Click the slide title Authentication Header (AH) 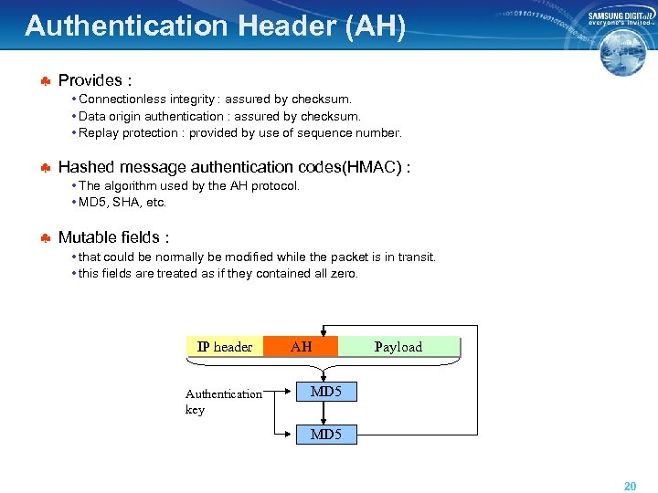(x=215, y=26)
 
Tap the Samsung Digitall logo (x=621, y=20)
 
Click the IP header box (x=225, y=346)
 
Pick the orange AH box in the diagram (x=301, y=346)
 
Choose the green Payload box (x=398, y=346)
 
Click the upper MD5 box (x=326, y=392)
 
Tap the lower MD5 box (x=326, y=435)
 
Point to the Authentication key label (x=222, y=402)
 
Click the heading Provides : (x=95, y=80)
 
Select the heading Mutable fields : (x=113, y=237)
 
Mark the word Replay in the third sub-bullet (x=98, y=133)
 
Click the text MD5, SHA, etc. (x=122, y=202)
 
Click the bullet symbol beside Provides (x=43, y=81)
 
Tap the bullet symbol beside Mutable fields (x=43, y=238)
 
